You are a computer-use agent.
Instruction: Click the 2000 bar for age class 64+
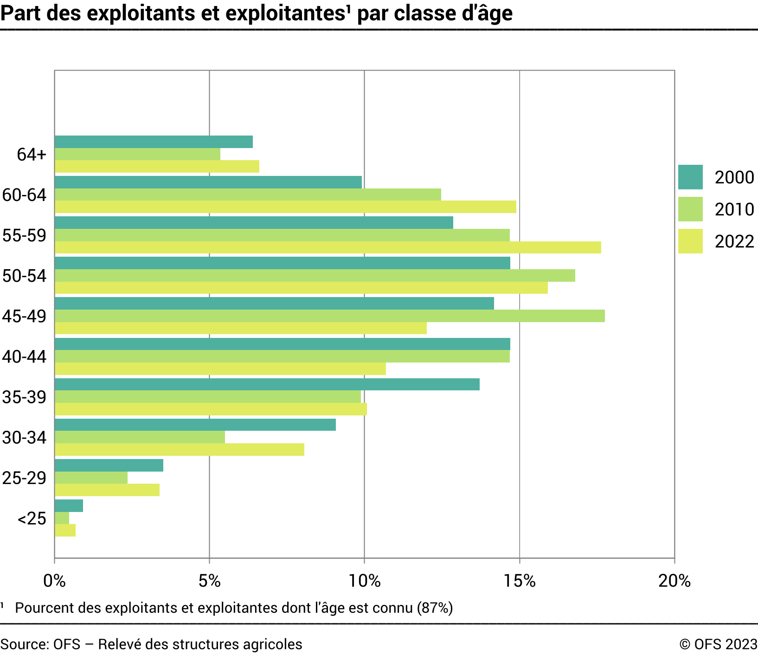point(154,142)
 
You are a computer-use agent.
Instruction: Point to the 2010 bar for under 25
point(62,518)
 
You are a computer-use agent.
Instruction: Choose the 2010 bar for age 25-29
point(91,478)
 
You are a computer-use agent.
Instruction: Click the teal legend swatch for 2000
point(690,177)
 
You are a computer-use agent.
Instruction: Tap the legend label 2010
point(734,210)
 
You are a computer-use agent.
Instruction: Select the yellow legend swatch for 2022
point(690,241)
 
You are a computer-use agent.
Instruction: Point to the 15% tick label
point(520,581)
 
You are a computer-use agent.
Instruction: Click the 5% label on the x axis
point(210,581)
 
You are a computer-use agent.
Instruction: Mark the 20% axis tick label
point(674,581)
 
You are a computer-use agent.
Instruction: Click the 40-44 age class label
point(24,357)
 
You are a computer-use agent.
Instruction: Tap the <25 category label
point(32,518)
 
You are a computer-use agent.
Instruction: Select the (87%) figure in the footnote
point(434,608)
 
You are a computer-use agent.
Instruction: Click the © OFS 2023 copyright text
point(718,644)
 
